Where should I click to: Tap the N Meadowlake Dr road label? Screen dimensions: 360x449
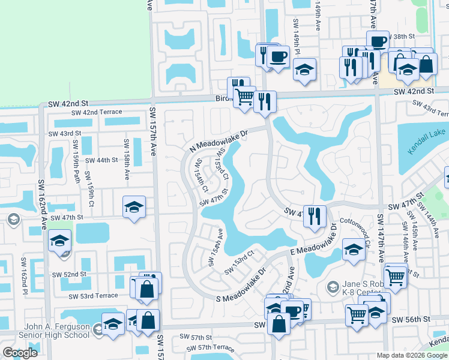[218, 142]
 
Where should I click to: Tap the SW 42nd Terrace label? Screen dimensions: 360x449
[96, 112]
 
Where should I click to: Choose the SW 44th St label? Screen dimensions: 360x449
[102, 160]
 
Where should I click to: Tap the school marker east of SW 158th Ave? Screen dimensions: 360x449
[133, 208]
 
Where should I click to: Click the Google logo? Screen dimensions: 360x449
[20, 353]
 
